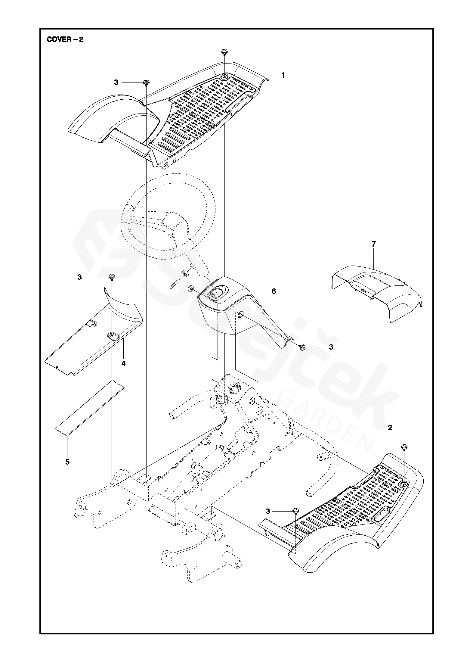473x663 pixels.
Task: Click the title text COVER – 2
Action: [65, 40]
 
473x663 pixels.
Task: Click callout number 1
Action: [283, 75]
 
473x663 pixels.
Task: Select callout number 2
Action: [390, 428]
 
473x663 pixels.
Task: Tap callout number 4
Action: [123, 363]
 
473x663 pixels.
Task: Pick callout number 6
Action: [274, 291]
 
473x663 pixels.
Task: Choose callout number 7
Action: [373, 244]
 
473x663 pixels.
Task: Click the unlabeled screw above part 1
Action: [224, 52]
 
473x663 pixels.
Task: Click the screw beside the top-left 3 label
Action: [147, 82]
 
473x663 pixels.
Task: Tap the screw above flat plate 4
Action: [112, 276]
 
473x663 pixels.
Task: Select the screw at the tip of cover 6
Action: [302, 348]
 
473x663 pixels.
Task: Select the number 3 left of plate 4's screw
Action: [79, 277]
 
